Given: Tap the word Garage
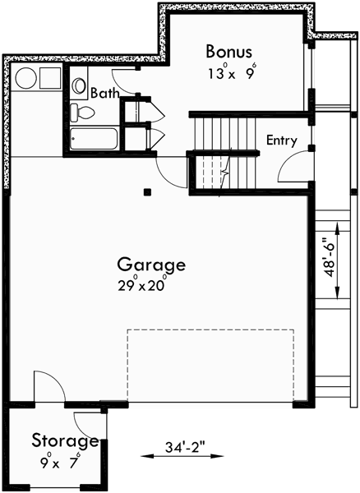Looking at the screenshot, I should click(x=150, y=266).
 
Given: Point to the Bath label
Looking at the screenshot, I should click(x=104, y=93).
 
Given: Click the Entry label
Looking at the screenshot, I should click(x=281, y=141).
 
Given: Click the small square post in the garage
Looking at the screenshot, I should click(x=147, y=193).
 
